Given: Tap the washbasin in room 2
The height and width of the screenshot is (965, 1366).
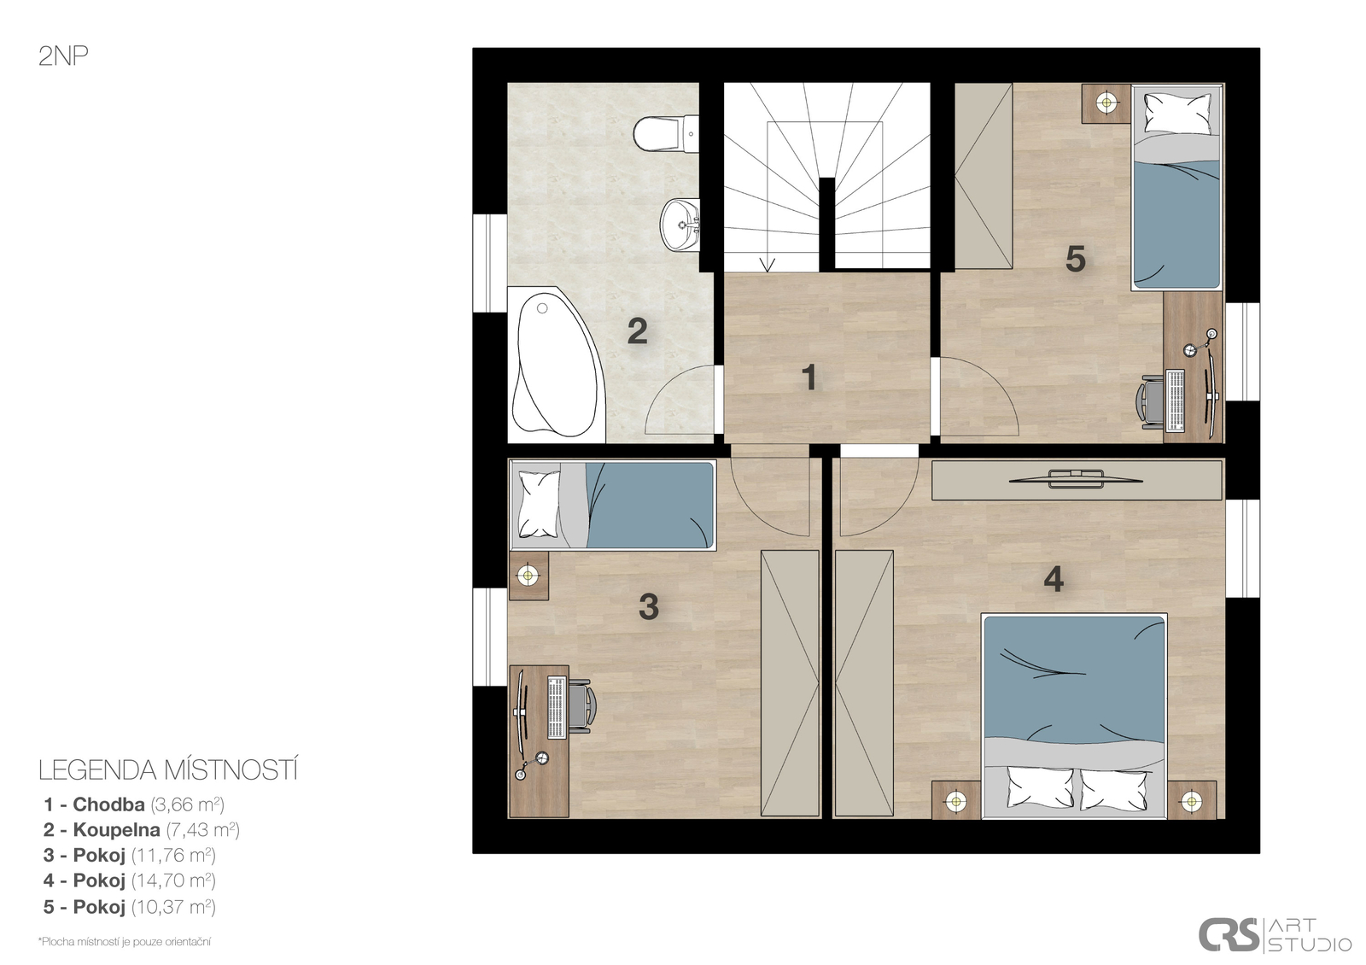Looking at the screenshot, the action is tap(680, 225).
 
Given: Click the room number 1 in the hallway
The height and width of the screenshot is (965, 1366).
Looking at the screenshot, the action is tap(809, 377).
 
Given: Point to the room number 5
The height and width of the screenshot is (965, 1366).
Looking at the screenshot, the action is tap(1075, 259).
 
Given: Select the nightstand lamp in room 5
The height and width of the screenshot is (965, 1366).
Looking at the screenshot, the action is tap(1106, 102).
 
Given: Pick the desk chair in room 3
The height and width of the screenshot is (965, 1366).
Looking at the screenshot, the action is tap(581, 708).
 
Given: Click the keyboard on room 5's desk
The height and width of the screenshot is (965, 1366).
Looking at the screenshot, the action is tap(1175, 401).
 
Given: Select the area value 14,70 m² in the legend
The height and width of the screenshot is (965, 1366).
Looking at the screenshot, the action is tap(174, 880).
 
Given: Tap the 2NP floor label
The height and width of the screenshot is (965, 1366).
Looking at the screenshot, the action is tap(63, 56).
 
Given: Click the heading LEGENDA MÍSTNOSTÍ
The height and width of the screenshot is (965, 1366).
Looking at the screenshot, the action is tap(168, 770).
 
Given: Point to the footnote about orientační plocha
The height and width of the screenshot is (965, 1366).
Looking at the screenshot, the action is tap(125, 941).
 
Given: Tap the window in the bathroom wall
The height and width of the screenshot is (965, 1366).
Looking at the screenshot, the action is tap(490, 263).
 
